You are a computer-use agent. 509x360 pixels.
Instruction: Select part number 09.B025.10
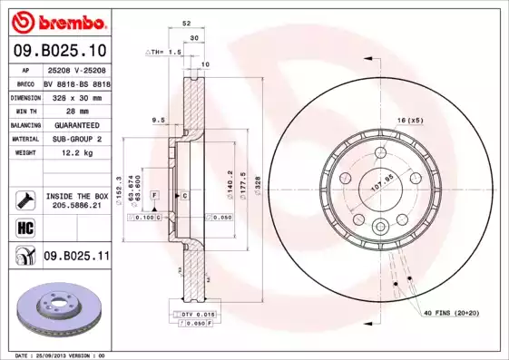tap(59, 50)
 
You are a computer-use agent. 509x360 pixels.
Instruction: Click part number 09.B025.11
tap(77, 258)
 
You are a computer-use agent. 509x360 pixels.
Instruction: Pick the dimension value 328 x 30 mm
tap(75, 96)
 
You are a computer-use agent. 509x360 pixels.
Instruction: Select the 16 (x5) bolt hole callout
tap(409, 121)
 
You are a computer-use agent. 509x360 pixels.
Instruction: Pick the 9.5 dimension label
tap(157, 120)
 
